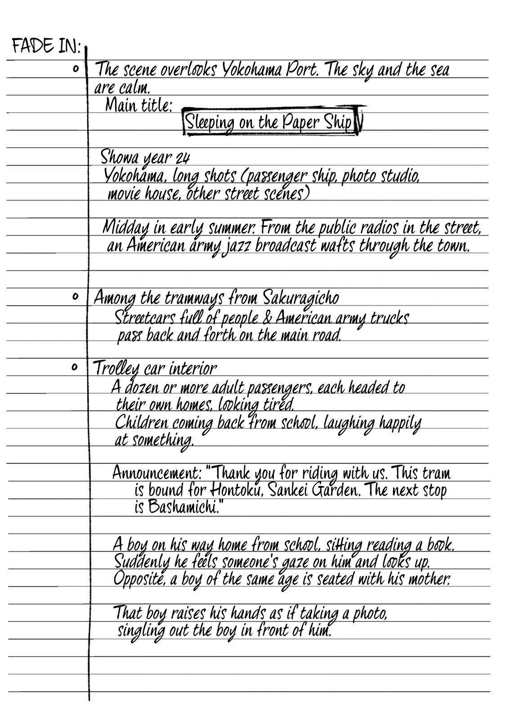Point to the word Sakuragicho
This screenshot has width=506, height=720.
point(301,298)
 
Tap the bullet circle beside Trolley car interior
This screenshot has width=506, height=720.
point(75,368)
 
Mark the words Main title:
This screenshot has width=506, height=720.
point(139,106)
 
